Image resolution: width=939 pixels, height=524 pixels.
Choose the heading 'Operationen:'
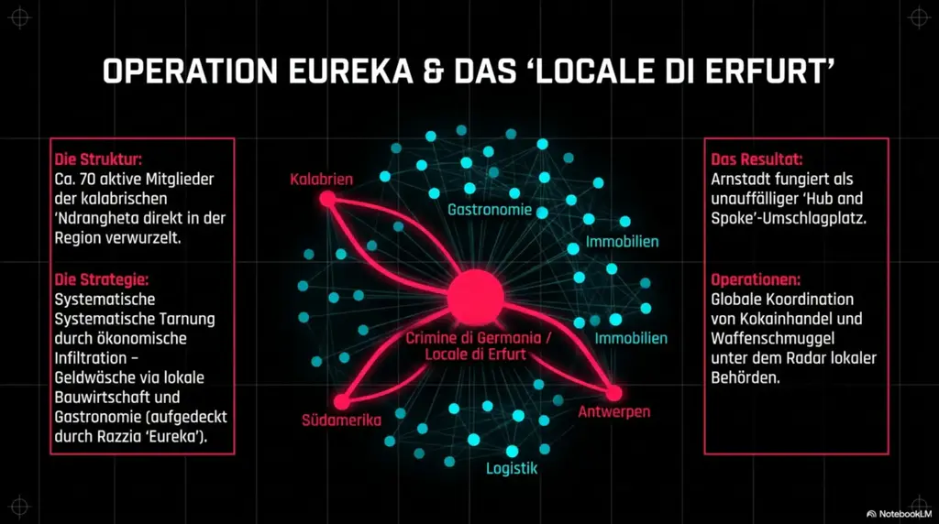[x=756, y=278]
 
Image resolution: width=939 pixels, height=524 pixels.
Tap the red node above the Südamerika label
[x=341, y=400]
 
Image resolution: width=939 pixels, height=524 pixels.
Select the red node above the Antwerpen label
[x=613, y=393]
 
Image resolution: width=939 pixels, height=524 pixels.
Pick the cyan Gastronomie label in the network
[x=490, y=210]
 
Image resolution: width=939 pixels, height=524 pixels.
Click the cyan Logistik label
[x=511, y=469]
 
